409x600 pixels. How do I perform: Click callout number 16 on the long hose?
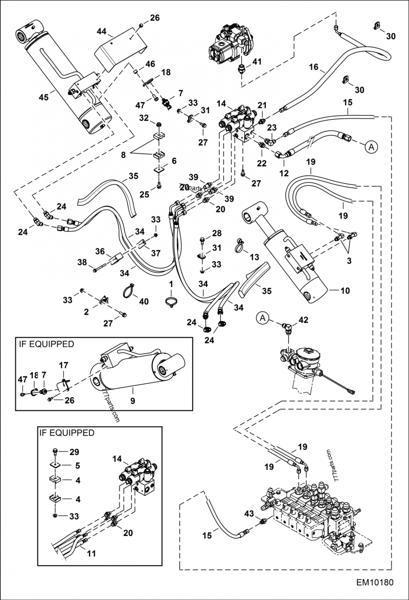pos(313,67)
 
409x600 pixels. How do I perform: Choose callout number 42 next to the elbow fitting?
pos(303,320)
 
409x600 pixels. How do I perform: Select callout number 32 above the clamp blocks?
pos(145,118)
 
